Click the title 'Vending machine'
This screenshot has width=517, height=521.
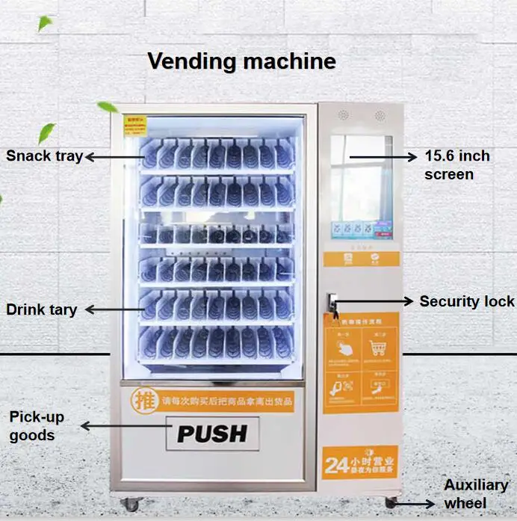pos(241,61)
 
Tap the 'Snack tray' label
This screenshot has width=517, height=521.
pos(43,156)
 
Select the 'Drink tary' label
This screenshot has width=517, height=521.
pos(41,309)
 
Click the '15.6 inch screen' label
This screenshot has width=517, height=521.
pos(457,165)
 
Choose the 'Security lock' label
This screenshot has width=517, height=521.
pos(466,301)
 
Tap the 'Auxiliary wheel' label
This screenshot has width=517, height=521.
pos(476,494)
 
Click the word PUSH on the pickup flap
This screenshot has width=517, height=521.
pos(212,433)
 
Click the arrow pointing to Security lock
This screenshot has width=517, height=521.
pos(374,301)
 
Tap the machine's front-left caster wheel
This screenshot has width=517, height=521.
pos(131,504)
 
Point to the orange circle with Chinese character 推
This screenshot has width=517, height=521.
pos(140,398)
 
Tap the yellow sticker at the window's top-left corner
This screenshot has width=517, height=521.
pos(134,123)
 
